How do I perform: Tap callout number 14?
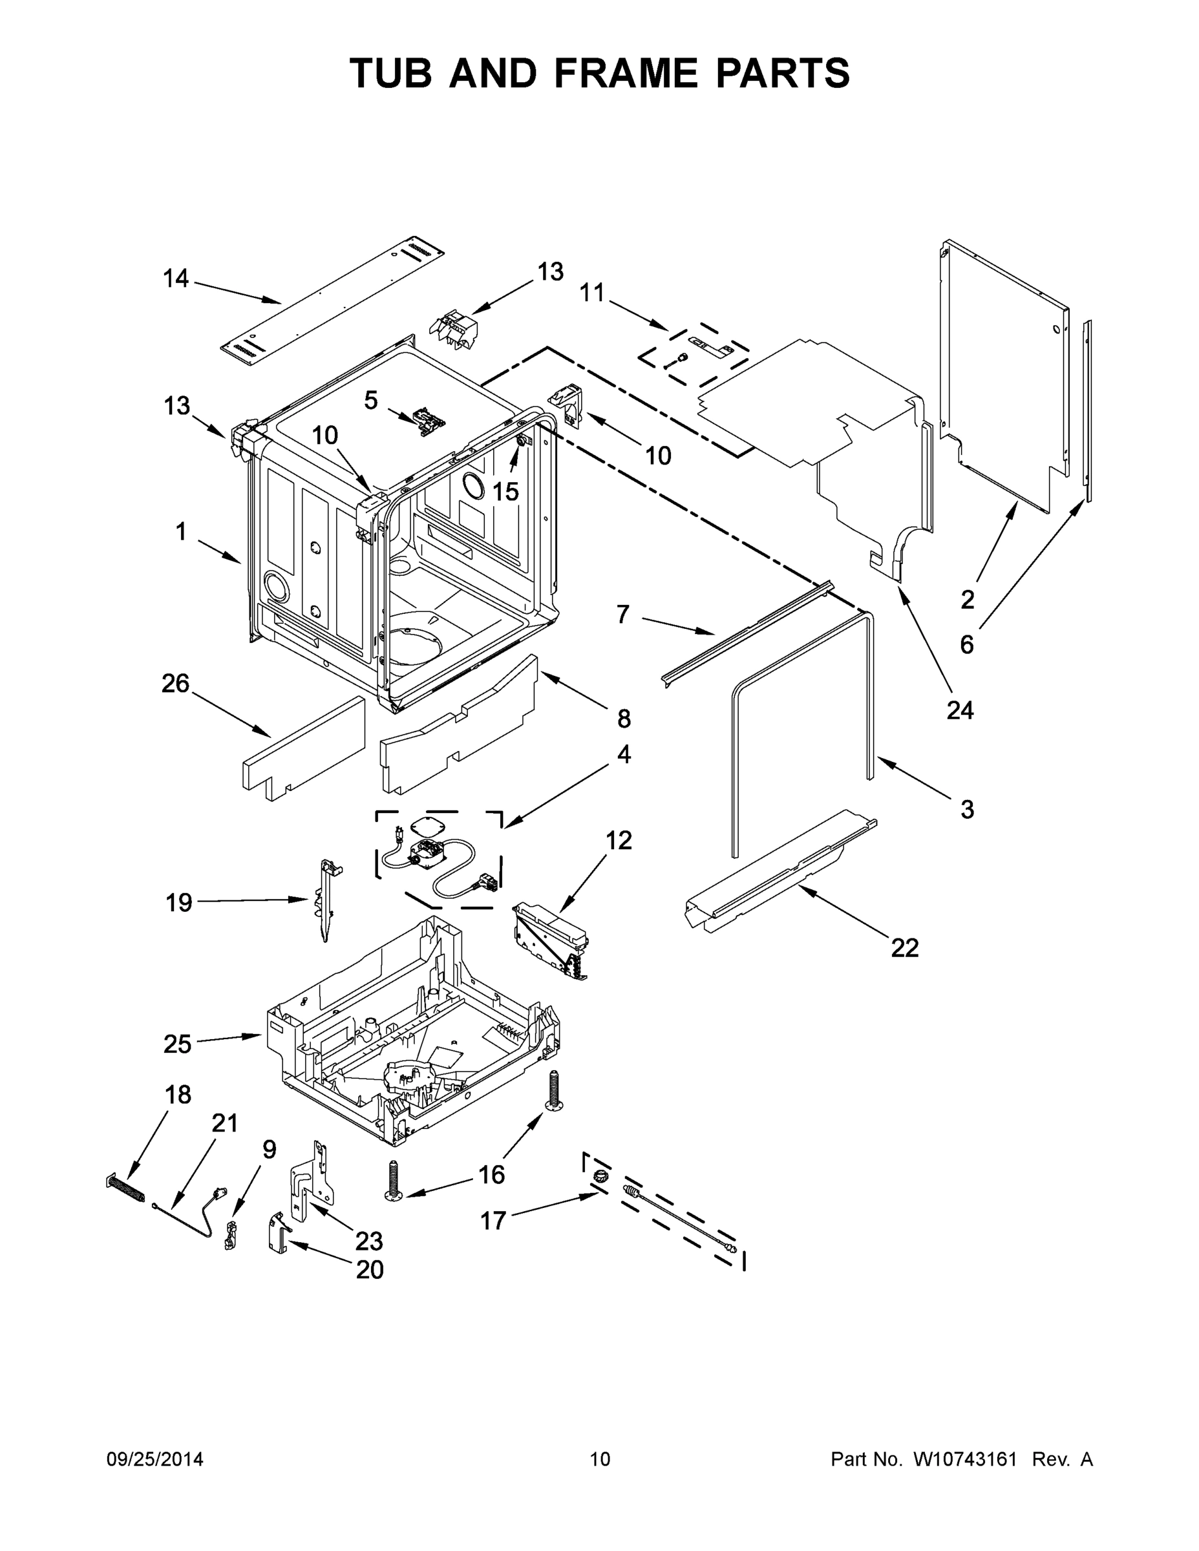(x=176, y=279)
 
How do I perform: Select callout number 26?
(x=175, y=684)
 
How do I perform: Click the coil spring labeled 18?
(x=127, y=1187)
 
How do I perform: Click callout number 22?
(x=904, y=947)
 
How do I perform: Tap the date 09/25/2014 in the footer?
(x=155, y=1459)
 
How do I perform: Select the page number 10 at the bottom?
(x=600, y=1459)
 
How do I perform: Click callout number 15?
(x=505, y=491)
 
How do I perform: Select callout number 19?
(x=179, y=903)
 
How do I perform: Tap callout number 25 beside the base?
(x=178, y=1044)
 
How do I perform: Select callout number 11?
(x=591, y=292)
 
